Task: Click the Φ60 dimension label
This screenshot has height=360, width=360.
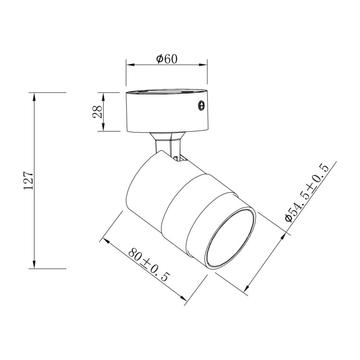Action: click(167, 59)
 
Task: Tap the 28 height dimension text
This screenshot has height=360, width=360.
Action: click(97, 111)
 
